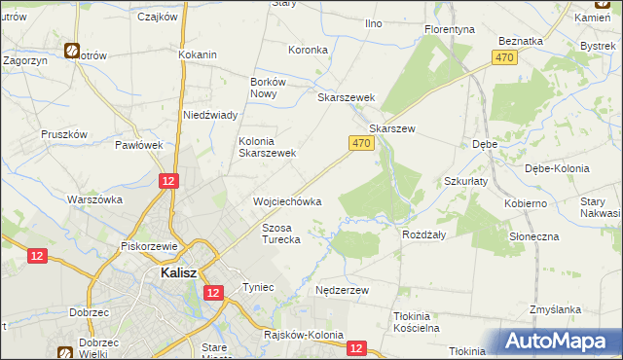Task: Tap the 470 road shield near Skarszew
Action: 361,143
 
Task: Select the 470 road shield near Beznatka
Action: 503,59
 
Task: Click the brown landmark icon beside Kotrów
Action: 72,51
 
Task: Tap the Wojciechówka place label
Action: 287,201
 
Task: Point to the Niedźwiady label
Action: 211,115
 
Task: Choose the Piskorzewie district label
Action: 148,246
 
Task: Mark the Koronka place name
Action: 308,50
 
